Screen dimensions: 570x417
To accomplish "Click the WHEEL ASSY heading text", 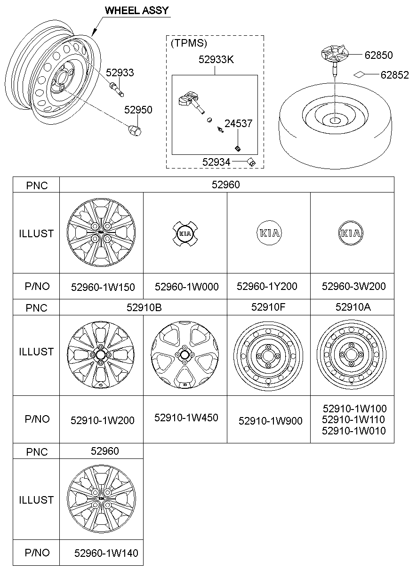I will click(136, 10).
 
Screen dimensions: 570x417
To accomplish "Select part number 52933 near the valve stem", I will click(120, 72).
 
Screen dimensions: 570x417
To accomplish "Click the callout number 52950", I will click(138, 110).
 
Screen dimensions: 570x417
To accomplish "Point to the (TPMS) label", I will click(189, 43).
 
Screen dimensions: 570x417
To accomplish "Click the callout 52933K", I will click(216, 60).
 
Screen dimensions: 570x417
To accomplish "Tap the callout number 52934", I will click(216, 162).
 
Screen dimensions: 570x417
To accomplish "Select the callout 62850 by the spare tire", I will click(378, 55).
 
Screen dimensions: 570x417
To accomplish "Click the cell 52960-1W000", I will click(186, 287).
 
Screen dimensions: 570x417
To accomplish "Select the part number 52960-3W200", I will click(353, 286).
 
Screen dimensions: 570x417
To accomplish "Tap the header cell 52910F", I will click(268, 307).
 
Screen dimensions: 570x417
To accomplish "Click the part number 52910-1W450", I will click(186, 417).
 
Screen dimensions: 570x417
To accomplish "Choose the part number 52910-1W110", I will click(353, 419).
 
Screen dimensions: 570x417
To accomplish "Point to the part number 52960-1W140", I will click(106, 553).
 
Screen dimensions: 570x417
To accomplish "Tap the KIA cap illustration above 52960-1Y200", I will click(268, 233).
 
